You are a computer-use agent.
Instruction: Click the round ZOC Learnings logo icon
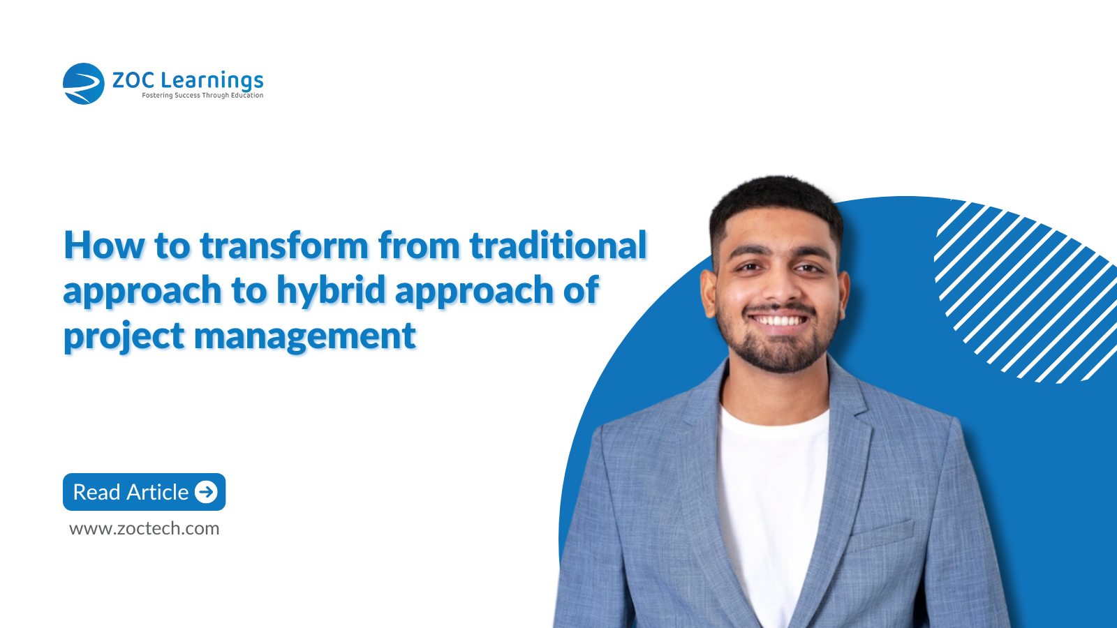83,84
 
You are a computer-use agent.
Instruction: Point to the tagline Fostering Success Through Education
202,95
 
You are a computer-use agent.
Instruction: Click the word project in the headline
124,336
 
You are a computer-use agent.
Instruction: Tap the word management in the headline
304,336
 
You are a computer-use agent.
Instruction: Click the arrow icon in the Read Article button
206,492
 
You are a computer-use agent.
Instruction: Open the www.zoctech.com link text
144,528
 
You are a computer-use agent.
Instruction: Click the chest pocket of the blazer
882,532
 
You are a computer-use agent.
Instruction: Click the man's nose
777,287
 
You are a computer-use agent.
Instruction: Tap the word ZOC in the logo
133,81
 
